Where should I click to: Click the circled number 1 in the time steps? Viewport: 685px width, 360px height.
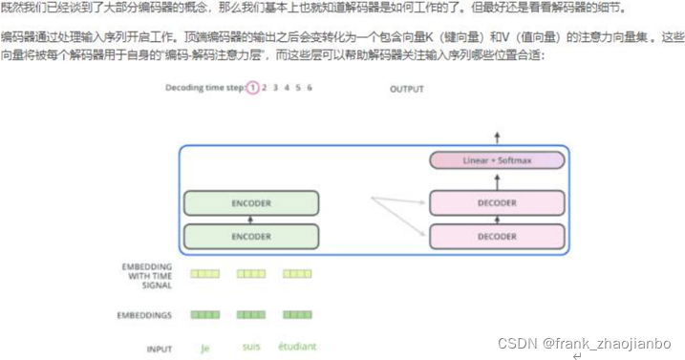(252, 88)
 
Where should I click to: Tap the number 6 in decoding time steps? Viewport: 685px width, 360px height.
(310, 88)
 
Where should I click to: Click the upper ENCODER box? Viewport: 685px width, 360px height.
(250, 203)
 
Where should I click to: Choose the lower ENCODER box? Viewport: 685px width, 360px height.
(250, 235)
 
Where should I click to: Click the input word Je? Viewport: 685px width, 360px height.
(204, 347)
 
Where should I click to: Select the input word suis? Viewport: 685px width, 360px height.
(251, 347)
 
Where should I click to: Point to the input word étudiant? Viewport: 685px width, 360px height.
(297, 347)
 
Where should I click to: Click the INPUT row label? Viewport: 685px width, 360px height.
(160, 349)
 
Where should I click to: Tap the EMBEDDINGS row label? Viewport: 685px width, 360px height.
(146, 313)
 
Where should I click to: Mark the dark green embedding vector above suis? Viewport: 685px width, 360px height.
(251, 313)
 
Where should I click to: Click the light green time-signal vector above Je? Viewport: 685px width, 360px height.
(204, 273)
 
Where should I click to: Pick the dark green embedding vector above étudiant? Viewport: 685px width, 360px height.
(297, 313)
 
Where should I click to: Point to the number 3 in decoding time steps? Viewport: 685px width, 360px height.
(274, 88)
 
